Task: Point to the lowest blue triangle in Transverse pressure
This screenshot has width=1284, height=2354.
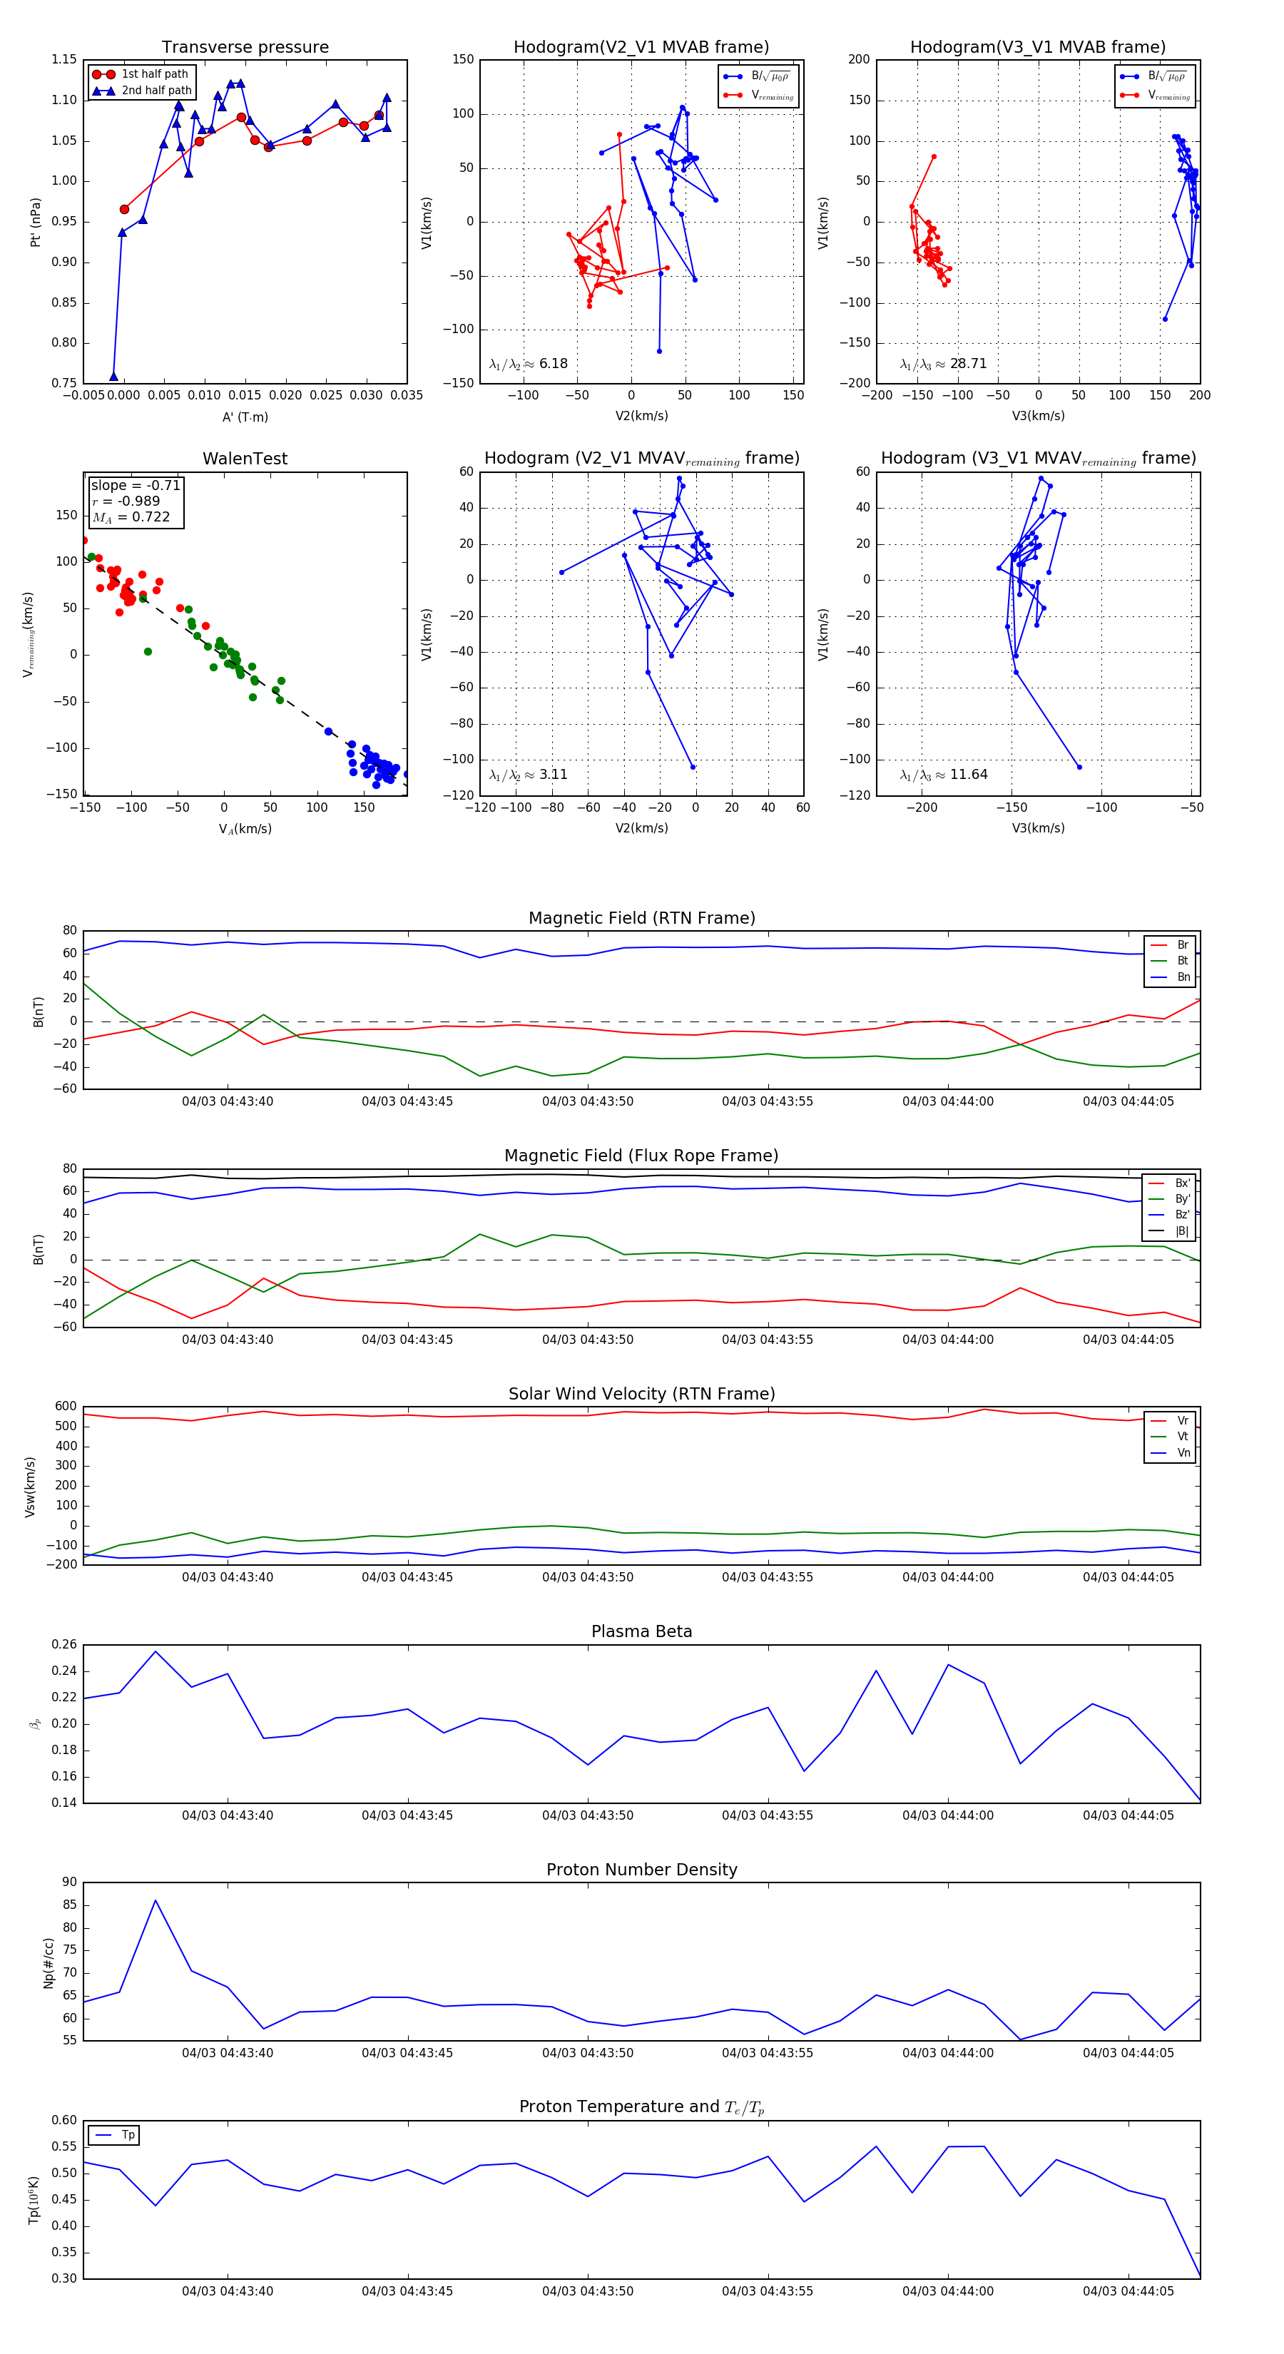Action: point(113,377)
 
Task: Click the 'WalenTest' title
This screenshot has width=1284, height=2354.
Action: point(245,459)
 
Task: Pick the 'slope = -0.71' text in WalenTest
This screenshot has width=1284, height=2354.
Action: point(136,485)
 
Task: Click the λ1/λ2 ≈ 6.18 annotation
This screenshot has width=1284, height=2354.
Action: point(528,364)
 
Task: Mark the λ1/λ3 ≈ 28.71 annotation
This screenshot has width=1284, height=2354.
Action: point(943,364)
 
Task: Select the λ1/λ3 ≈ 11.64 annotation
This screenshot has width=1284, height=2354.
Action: point(943,775)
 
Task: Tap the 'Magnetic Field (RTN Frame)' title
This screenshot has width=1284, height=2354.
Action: point(641,918)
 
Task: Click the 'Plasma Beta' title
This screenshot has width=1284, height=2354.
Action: point(641,1632)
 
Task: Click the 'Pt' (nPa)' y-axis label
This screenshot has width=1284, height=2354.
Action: point(36,222)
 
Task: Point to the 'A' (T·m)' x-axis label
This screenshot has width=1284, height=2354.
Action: point(245,417)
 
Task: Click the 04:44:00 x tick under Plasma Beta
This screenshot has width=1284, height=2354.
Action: point(948,1815)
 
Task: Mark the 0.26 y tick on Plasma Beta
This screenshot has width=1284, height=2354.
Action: point(64,1645)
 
